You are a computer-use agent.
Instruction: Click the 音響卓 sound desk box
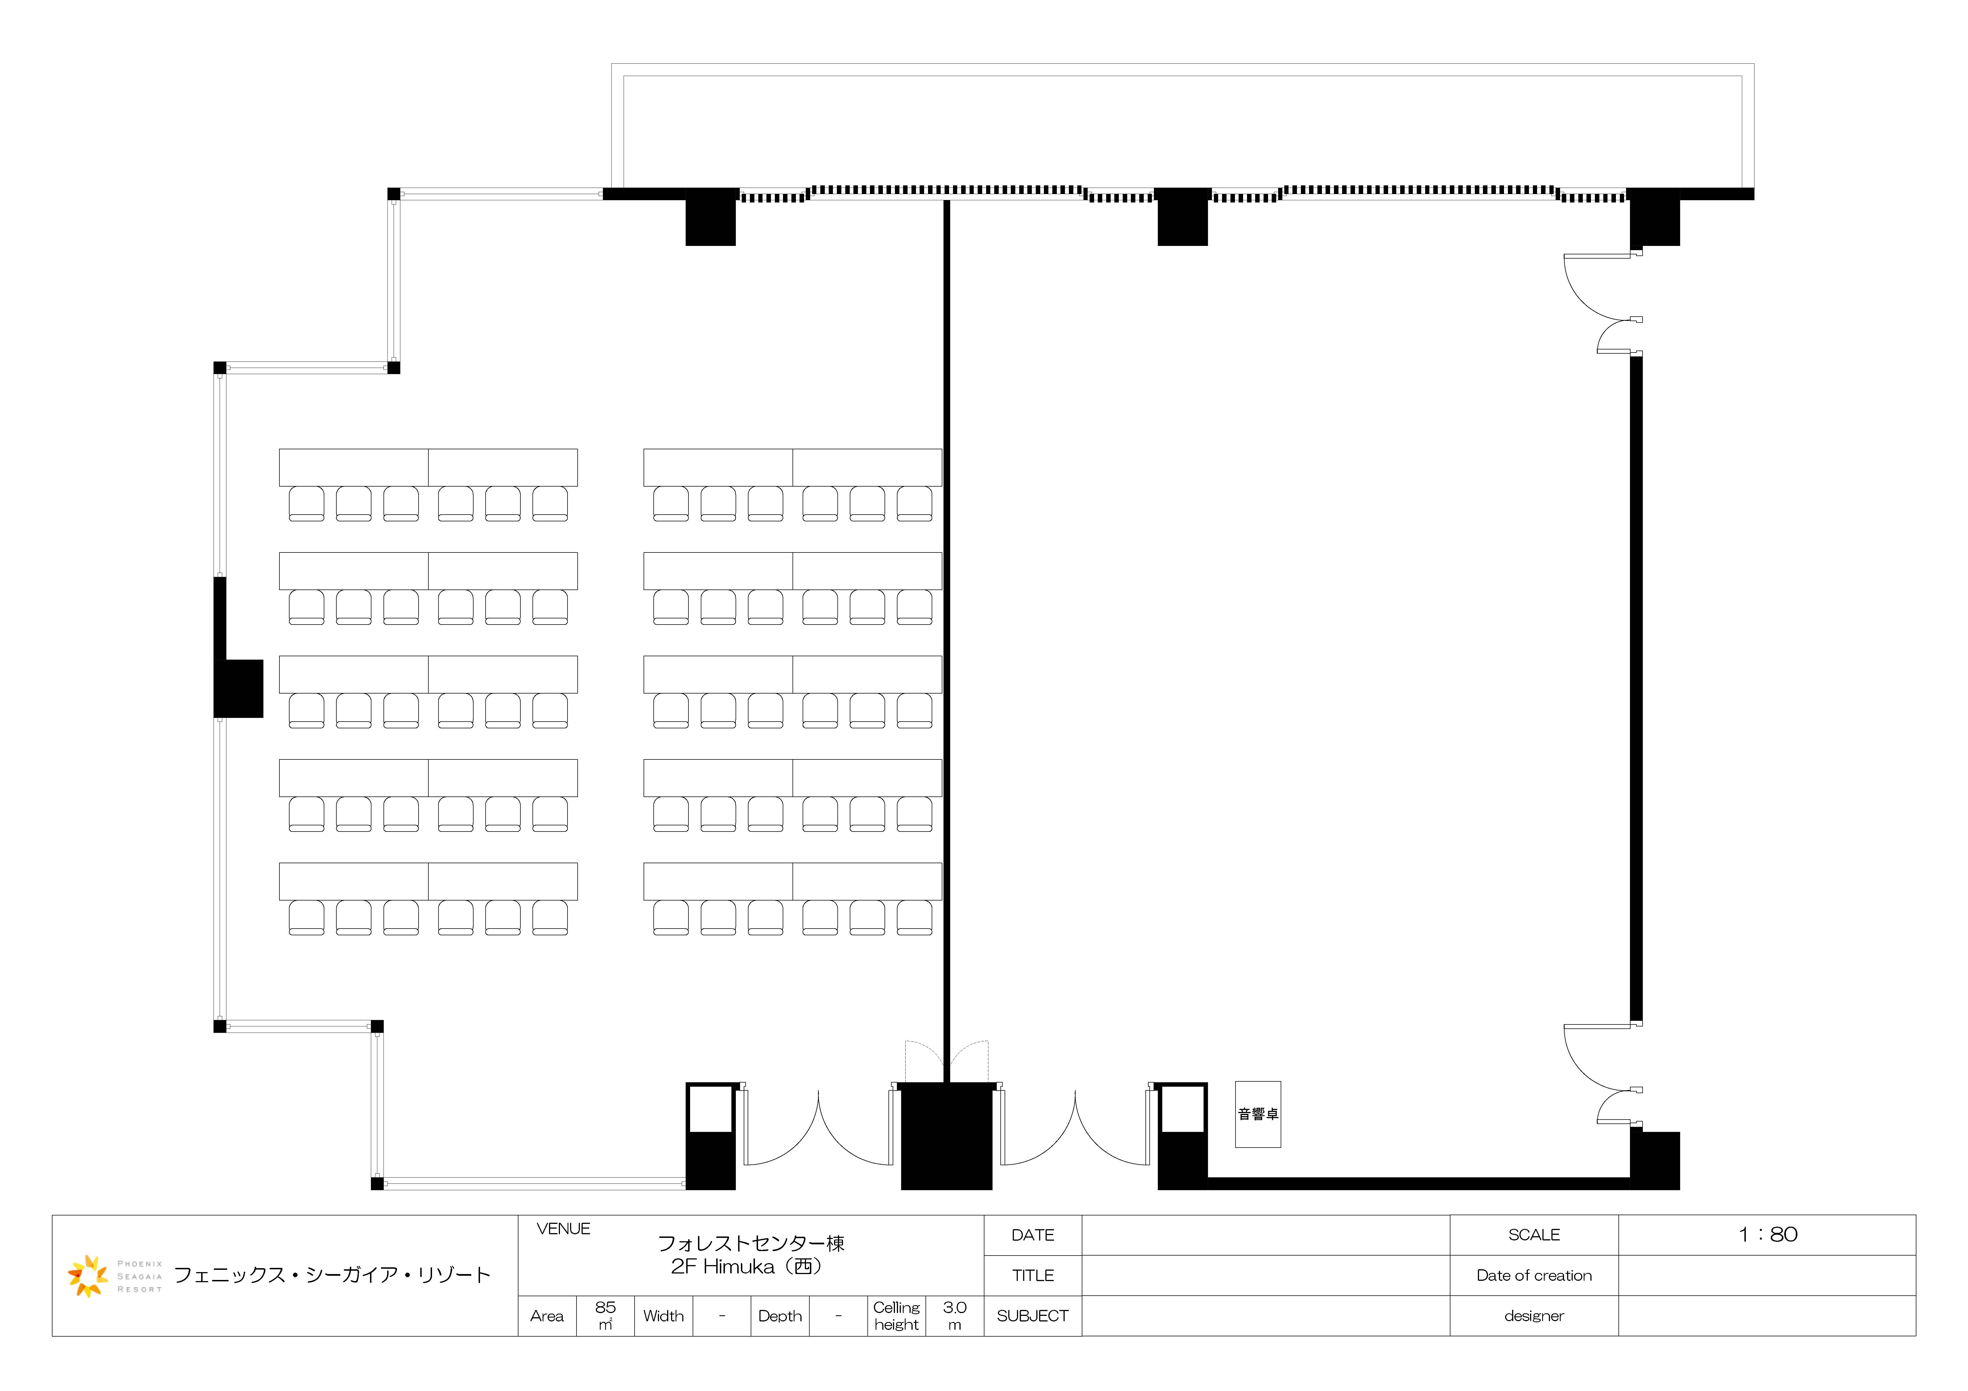1257,1114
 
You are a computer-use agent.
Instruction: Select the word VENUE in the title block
563,1229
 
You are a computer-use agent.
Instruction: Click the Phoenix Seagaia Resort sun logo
88,1275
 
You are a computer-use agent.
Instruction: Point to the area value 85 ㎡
605,1316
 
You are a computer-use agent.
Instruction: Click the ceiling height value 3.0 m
955,1316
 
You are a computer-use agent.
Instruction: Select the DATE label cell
1033,1235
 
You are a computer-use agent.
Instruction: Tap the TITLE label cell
1033,1275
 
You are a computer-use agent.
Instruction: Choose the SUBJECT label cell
1033,1316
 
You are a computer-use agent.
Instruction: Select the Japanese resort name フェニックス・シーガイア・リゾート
332,1275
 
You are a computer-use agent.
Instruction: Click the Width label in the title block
663,1316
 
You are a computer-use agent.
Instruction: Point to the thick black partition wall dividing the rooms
946,641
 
